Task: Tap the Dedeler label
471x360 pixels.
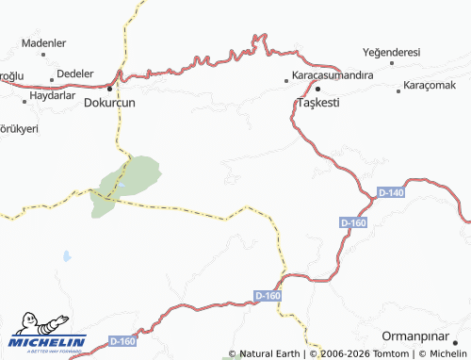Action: pos(75,73)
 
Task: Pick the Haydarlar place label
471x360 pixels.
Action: pos(51,95)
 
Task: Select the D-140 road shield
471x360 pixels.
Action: pos(390,192)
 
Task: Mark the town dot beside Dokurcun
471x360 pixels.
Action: pos(110,89)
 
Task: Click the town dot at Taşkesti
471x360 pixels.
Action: pos(318,89)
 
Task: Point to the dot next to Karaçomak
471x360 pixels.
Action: pos(398,87)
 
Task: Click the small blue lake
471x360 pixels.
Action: pos(66,255)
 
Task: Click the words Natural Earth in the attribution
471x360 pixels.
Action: pos(269,354)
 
